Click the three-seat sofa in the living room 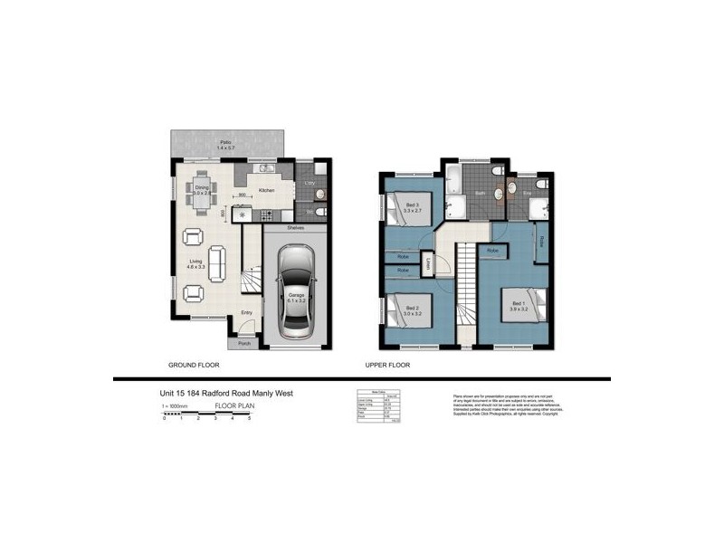(x=217, y=264)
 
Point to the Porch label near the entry (x=243, y=344)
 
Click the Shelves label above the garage (x=295, y=229)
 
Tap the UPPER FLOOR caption (x=386, y=366)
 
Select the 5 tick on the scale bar (x=248, y=418)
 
